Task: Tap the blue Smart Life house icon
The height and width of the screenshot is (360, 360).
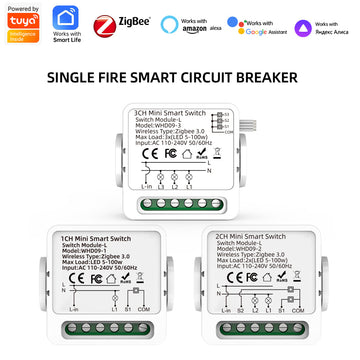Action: [x=65, y=18]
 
